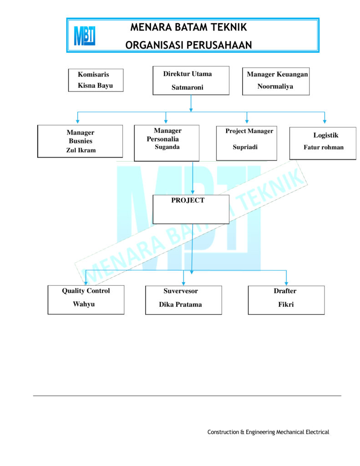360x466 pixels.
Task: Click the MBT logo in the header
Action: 85,35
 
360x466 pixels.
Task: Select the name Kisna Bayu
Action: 95,86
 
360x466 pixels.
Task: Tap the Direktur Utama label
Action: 188,74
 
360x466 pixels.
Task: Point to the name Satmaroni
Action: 188,87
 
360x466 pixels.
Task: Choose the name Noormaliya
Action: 275,86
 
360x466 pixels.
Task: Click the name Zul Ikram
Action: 81,150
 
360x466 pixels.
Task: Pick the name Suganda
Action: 167,147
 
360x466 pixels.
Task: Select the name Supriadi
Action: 245,147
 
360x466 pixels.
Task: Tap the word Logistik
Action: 326,135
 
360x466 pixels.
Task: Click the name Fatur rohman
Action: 324,147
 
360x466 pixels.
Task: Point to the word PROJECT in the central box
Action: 188,200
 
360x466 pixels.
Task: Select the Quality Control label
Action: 86,291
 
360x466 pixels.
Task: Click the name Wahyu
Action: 84,304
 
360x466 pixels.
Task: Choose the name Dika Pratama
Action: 180,304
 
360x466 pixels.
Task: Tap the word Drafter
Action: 285,291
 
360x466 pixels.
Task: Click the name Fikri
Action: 286,304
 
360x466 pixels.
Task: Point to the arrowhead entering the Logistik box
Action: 325,122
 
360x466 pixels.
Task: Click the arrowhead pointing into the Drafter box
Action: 286,284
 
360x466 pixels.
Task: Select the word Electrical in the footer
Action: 317,432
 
